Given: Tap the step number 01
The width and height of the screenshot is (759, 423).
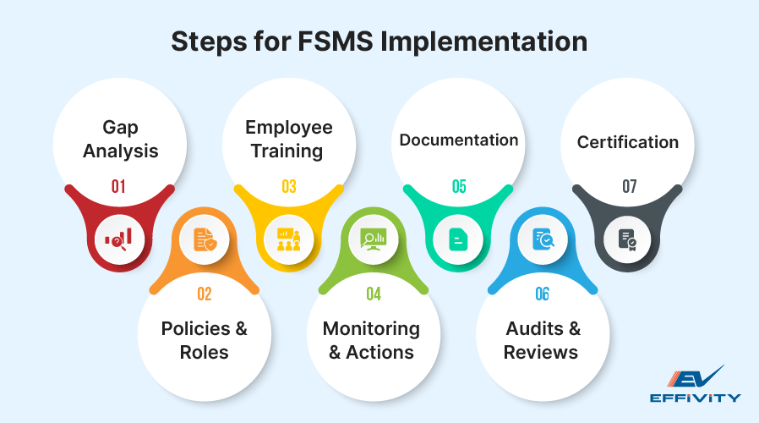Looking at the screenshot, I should tap(118, 187).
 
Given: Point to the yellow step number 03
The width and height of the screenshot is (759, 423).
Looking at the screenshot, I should tap(289, 187).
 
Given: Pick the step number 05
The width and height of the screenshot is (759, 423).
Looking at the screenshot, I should tap(459, 187).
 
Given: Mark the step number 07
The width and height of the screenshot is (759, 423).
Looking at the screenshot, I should tap(629, 187).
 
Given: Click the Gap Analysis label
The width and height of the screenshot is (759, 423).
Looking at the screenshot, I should tap(120, 140).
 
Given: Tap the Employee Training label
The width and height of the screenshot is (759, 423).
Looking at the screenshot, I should tap(289, 140).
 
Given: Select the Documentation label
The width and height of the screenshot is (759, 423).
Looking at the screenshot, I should tap(459, 140).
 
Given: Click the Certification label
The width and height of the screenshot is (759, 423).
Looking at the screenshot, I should tap(628, 142).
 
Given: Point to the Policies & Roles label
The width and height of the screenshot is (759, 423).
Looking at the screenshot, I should tap(205, 340).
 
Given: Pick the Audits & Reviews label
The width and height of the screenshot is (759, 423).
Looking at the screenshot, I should tap(542, 340).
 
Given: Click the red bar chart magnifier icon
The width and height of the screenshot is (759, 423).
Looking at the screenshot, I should tap(118, 239).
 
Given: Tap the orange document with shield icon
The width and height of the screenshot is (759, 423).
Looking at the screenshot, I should tap(204, 240).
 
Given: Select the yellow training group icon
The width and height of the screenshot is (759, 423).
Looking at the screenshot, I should tap(289, 239).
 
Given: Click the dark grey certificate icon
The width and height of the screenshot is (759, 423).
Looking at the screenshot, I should tap(628, 239).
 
